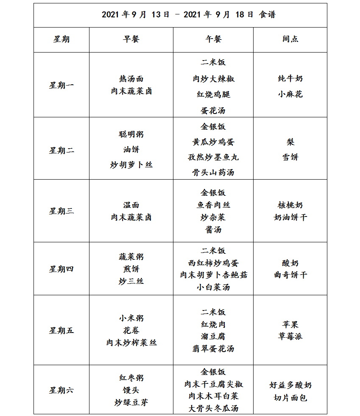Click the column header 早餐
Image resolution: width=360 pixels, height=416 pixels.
point(131,39)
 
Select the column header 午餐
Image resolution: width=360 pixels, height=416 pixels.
point(213,39)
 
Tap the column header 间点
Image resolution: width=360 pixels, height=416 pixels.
point(290,39)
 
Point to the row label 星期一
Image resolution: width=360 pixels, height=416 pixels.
point(61,86)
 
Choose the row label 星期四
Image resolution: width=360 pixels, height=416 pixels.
point(61,269)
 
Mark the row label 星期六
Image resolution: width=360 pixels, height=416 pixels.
point(61,390)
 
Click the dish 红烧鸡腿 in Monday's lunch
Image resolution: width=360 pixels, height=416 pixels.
point(213,94)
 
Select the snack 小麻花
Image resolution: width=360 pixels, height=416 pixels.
point(290,94)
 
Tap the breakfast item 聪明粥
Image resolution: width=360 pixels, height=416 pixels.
point(131,134)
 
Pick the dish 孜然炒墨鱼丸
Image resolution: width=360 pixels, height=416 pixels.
point(213,157)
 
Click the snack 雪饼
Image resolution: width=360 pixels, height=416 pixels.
point(290,157)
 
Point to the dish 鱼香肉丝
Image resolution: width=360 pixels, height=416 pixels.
point(213,205)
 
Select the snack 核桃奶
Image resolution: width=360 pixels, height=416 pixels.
point(290,205)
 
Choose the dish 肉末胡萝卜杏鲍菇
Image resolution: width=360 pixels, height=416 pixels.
point(213,275)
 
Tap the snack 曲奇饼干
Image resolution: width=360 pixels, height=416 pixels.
point(290,275)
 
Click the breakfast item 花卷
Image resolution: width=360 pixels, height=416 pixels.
point(131,330)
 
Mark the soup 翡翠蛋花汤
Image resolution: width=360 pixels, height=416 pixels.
point(213,349)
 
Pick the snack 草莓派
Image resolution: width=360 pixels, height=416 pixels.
point(290,336)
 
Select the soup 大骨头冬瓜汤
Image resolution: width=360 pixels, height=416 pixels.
point(213,408)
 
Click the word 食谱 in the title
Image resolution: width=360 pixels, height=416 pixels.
point(267,15)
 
